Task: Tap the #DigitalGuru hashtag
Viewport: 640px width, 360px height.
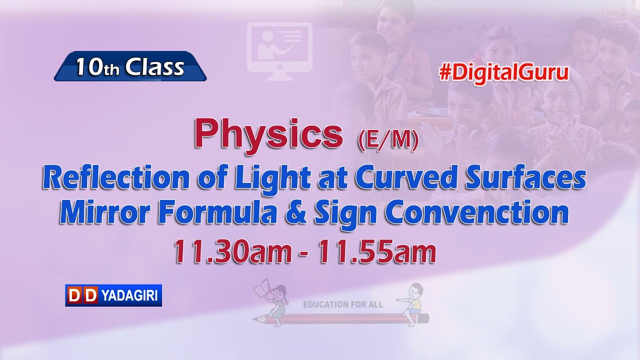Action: [504, 73]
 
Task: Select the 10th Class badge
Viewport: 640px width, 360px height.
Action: [130, 66]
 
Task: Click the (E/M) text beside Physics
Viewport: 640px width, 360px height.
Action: [388, 141]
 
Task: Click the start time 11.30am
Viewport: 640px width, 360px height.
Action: [232, 252]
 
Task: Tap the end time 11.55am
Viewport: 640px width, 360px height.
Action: [377, 252]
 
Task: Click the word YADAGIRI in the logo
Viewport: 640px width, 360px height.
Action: [129, 296]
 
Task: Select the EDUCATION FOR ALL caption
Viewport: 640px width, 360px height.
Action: [343, 304]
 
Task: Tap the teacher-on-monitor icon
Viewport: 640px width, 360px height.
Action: [279, 50]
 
